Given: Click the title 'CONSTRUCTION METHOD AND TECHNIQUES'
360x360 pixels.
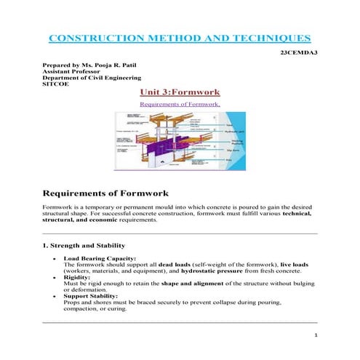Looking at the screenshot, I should pos(179,38).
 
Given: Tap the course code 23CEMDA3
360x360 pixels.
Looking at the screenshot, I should pos(299,54).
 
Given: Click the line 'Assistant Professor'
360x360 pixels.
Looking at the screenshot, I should pos(71,73).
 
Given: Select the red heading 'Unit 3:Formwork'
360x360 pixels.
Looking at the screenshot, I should pos(180,93).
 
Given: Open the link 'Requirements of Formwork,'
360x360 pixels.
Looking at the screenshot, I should pos(178,104).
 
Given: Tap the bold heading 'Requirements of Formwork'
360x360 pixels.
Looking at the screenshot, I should pos(106,194).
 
